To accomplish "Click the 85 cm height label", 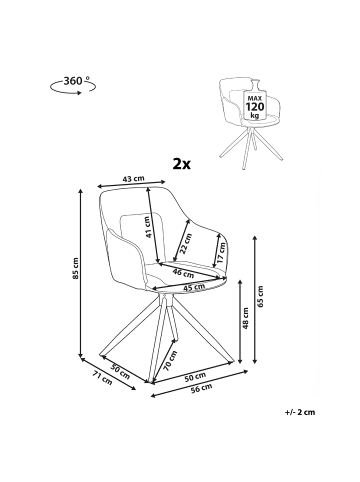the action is click(76, 268).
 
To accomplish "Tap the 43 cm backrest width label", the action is click(134, 179).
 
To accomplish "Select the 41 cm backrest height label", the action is click(148, 227).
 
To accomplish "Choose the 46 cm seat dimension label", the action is click(183, 273).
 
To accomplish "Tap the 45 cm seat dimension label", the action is click(194, 286).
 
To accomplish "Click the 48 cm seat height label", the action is click(246, 318).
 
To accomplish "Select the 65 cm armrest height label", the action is click(260, 296).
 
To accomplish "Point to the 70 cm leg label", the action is click(170, 361).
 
